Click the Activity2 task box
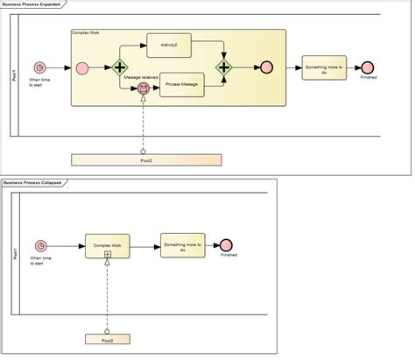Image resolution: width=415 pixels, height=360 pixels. coord(169,46)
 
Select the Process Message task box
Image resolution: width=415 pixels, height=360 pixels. coord(182,85)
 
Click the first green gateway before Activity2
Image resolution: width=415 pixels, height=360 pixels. coord(119,67)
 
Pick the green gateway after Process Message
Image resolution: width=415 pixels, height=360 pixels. coord(224,67)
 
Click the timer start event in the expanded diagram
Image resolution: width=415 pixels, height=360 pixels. coord(39,67)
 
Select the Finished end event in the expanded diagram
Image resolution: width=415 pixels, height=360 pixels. coord(369,67)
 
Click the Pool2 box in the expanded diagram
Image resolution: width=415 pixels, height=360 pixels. coord(145,160)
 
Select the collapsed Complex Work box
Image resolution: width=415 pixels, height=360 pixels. coord(107,245)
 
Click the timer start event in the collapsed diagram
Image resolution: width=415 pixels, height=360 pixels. coord(39,245)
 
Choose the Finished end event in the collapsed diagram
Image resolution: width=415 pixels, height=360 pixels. coord(227,244)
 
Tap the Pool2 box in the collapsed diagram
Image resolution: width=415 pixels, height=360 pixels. coord(107,339)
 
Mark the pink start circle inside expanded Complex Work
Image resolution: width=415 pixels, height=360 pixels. coord(82,67)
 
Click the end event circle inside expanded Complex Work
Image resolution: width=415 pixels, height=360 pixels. coord(266,67)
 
